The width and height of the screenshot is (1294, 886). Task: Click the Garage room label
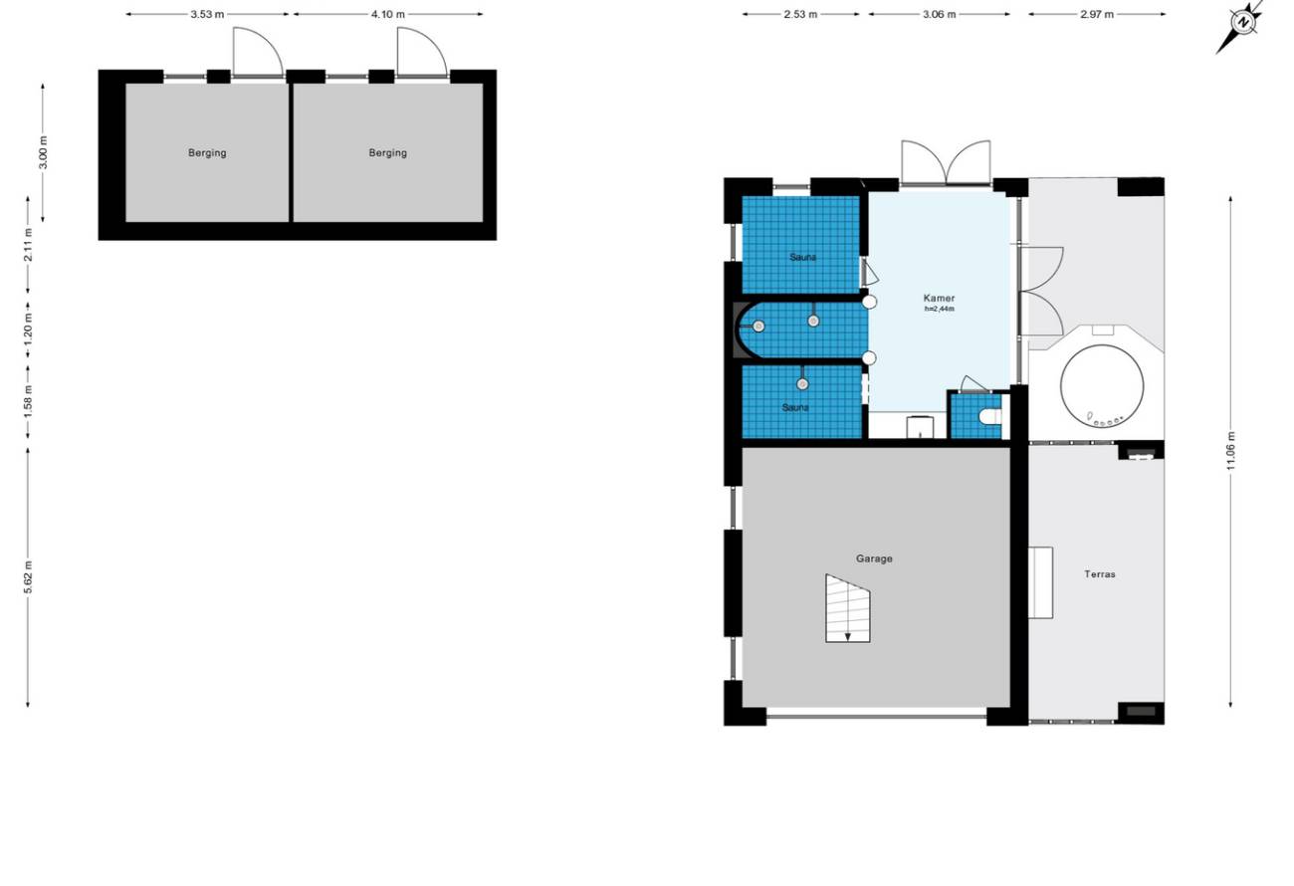point(874,558)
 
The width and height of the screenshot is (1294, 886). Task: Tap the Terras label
point(1099,574)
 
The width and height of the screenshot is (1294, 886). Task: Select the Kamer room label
point(939,298)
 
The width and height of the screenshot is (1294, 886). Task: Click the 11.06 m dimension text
point(1230,451)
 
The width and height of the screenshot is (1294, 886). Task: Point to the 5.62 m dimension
point(28,577)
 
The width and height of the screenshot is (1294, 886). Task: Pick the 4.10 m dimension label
point(387,15)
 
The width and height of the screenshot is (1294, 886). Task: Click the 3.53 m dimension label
point(207,15)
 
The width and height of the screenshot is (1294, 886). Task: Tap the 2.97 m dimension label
point(1097,15)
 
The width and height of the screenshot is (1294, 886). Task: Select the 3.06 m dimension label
point(940,15)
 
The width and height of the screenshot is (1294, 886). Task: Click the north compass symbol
point(1242,23)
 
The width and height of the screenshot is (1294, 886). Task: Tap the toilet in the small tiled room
point(990,416)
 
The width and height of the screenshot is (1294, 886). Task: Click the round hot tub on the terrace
point(1102,386)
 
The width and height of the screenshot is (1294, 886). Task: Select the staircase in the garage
point(847,609)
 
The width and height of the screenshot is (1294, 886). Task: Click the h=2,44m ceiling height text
point(939,309)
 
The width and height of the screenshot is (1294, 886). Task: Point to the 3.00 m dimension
point(43,152)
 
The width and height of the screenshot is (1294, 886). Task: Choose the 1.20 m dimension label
point(28,329)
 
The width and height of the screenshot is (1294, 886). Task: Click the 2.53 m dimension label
point(800,15)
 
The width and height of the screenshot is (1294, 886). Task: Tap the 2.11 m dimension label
point(28,245)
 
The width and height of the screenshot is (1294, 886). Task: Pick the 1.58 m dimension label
point(28,401)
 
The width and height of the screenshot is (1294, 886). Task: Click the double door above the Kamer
point(946,163)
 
